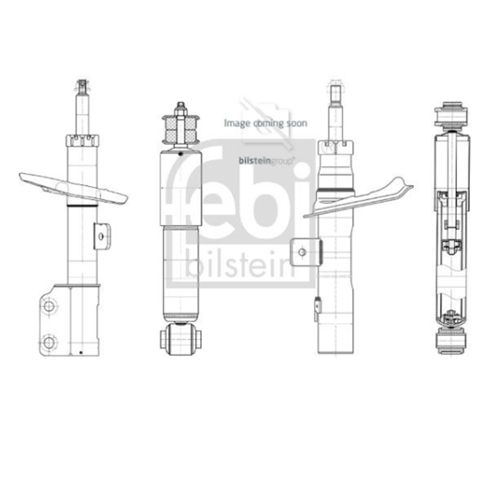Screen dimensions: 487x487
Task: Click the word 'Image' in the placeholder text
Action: pos(237,123)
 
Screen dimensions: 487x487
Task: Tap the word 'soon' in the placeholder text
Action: pos(297,123)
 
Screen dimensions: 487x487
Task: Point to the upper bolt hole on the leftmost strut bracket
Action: pos(49,306)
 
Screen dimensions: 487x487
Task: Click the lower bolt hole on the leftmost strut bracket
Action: pos(49,342)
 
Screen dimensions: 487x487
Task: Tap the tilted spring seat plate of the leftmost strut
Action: pos(74,188)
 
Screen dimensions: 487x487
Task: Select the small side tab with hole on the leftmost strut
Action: pos(102,236)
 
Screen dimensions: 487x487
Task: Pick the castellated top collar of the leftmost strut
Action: pos(82,140)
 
